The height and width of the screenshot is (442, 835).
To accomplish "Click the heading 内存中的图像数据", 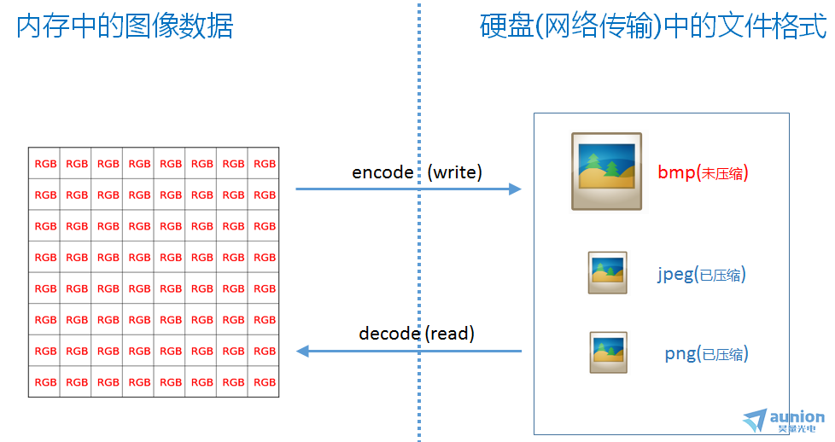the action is [x=125, y=26].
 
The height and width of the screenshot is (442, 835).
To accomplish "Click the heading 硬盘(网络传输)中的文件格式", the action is [x=653, y=26].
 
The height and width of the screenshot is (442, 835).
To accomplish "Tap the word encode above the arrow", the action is [x=382, y=172].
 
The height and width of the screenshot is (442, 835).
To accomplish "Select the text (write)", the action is [x=455, y=172].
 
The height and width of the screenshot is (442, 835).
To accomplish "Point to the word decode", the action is [x=389, y=334].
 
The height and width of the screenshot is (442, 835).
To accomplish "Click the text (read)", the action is [x=450, y=334].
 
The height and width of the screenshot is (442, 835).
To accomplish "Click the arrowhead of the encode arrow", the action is [x=515, y=189].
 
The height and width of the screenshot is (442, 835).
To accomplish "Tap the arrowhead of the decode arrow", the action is [x=302, y=351].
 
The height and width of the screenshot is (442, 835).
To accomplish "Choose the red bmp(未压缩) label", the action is [x=703, y=173].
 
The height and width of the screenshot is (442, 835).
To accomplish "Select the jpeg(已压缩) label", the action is [x=701, y=275].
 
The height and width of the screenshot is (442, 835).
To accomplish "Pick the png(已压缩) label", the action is [x=707, y=354].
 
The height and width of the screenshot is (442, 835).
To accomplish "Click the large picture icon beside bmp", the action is [x=606, y=172].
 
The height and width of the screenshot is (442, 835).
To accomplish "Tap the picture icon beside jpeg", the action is [x=608, y=273].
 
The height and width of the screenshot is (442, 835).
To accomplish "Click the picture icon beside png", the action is [x=609, y=352].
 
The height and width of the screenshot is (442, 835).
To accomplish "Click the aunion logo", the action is [x=784, y=421].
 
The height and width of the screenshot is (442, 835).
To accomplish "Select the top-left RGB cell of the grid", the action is [x=44, y=164].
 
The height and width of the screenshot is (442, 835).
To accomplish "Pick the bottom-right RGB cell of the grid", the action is [x=264, y=381].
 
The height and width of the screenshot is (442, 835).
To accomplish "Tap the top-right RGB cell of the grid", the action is [x=264, y=164].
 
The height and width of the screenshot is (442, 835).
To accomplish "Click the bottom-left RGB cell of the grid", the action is [x=44, y=381].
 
